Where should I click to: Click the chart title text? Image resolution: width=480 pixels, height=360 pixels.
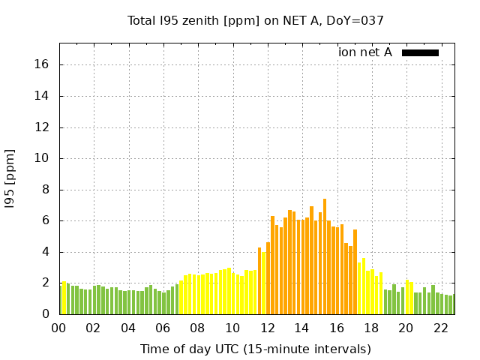[255, 20]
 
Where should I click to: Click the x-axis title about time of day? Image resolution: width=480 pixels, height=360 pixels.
[255, 349]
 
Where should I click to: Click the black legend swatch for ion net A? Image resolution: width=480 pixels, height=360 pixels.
[420, 52]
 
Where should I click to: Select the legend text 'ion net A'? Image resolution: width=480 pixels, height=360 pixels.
[365, 52]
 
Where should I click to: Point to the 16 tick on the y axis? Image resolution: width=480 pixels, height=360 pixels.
[43, 64]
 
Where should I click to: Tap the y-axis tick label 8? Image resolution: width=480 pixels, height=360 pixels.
[46, 190]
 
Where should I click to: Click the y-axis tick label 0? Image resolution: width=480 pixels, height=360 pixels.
[46, 314]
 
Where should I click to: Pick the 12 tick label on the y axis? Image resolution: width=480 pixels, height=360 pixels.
[43, 127]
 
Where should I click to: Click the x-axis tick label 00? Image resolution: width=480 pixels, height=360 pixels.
[58, 328]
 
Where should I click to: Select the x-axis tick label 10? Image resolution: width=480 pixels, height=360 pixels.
[232, 328]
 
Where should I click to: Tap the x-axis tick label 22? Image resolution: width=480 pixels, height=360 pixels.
[441, 328]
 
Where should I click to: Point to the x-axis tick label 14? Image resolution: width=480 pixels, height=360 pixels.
[301, 328]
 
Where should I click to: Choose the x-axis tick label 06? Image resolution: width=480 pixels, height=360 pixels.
[163, 328]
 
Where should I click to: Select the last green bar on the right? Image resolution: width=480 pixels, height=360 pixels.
[451, 304]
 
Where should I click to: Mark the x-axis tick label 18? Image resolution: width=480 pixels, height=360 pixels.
[371, 328]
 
